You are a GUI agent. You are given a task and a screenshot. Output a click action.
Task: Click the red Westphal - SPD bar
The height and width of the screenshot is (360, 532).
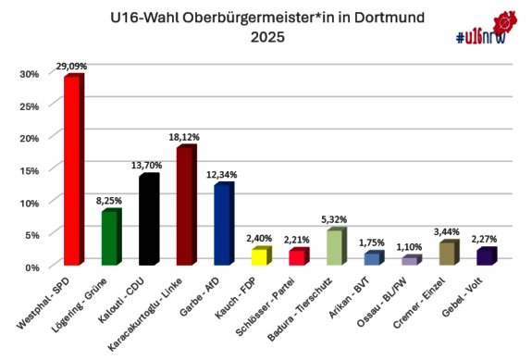tap(70, 171)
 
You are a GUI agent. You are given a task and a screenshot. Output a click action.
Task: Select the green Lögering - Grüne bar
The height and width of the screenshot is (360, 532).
tap(108, 239)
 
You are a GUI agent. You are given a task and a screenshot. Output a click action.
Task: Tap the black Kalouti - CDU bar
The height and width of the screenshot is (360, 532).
tap(146, 221)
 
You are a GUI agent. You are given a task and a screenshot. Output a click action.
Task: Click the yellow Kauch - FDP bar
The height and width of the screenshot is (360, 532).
tap(259, 257)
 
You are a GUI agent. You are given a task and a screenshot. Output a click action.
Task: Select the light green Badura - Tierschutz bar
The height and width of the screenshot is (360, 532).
tap(334, 248)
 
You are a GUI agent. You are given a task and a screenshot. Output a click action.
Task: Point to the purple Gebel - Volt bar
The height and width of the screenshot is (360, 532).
tap(485, 257)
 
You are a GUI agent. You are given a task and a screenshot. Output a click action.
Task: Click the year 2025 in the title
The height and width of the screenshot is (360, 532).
tap(266, 38)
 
